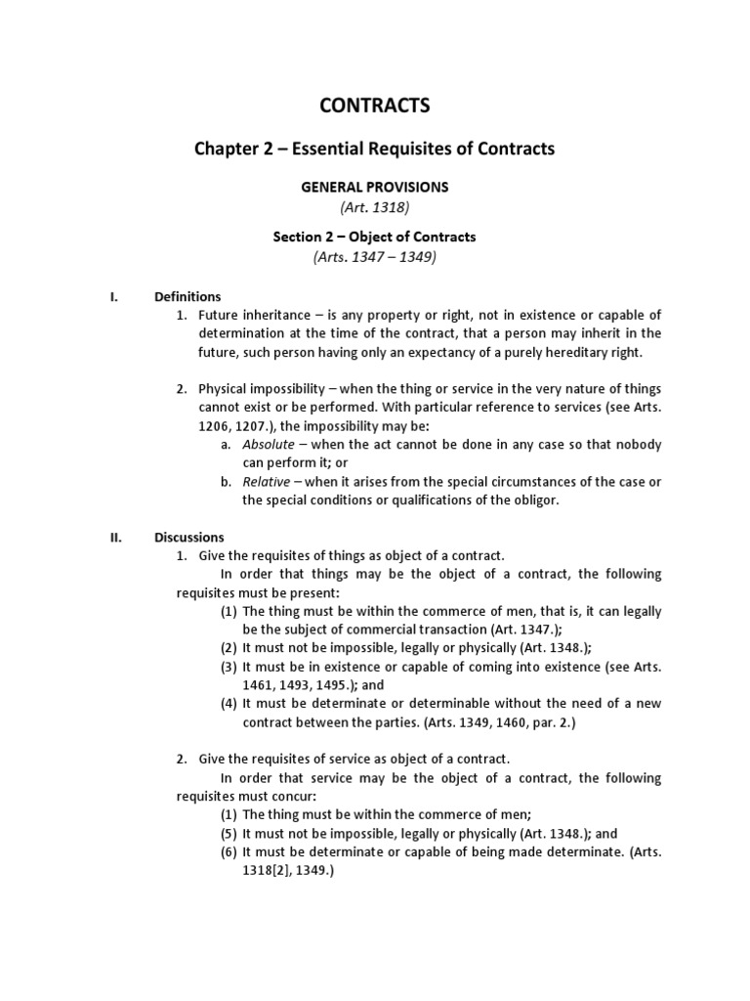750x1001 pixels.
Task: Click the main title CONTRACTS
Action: [x=374, y=106]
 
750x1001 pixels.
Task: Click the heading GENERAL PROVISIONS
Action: [x=374, y=187]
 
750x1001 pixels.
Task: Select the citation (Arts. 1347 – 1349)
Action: [x=374, y=257]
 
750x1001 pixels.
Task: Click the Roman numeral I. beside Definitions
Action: [x=113, y=296]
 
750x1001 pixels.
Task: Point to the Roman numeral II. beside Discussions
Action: [x=114, y=537]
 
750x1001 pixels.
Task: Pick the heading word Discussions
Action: [x=189, y=537]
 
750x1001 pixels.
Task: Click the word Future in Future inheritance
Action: [x=218, y=315]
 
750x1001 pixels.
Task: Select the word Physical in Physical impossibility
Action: [x=223, y=388]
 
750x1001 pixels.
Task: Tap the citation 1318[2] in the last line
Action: [x=269, y=871]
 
